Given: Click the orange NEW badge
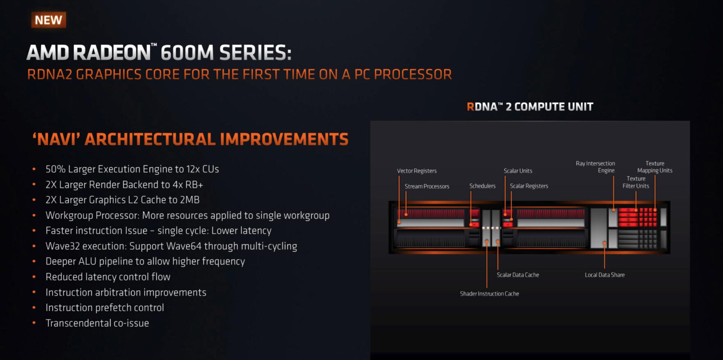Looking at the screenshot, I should click(49, 20).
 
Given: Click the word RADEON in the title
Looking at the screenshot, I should click(112, 52).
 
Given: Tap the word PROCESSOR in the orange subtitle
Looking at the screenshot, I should click(413, 75).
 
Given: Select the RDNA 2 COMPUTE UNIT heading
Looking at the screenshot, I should click(530, 107).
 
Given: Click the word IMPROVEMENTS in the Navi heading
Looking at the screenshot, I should click(284, 139).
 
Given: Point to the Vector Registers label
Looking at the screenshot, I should click(416, 171).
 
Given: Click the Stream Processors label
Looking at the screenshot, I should click(427, 186).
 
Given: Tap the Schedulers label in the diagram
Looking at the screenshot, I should click(482, 186).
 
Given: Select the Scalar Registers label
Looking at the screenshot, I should click(529, 186).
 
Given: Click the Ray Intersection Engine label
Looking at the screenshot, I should click(595, 167).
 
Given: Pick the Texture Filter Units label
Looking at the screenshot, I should click(636, 182).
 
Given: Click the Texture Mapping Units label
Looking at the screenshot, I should click(654, 167).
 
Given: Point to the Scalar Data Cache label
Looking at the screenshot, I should click(518, 275).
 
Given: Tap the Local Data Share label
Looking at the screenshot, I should click(604, 275).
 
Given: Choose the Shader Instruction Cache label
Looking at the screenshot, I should click(489, 294).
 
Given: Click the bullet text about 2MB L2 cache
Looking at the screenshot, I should click(122, 200).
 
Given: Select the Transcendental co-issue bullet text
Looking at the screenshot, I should click(97, 323).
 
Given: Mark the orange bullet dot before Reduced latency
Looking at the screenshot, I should click(34, 277).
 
